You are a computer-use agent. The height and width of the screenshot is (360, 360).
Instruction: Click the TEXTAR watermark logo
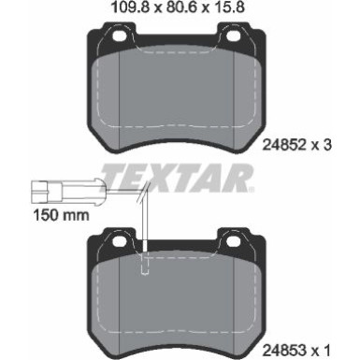(x=178, y=177)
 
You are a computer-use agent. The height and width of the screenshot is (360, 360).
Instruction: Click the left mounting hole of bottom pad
(x=118, y=245)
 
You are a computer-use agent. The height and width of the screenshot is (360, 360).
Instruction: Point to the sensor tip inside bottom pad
(x=145, y=272)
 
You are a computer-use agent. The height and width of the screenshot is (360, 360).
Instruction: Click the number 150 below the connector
(x=34, y=214)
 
